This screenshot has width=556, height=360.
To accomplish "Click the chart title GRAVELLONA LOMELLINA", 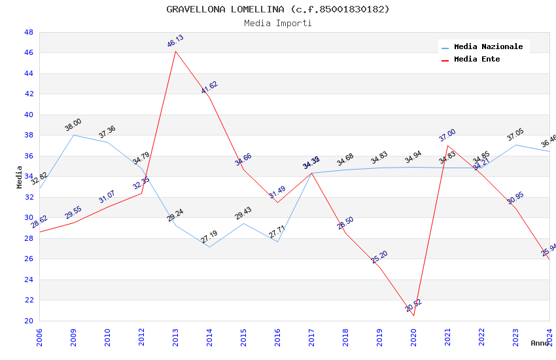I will [x=277, y=9].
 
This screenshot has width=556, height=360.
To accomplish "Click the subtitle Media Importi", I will [x=277, y=24].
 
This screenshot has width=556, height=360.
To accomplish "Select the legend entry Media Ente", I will [x=477, y=60].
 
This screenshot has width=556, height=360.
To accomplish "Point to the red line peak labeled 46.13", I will [x=175, y=51].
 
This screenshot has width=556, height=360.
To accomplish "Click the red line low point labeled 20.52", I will [x=413, y=315].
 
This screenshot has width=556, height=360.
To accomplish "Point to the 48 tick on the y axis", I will [x=28, y=32].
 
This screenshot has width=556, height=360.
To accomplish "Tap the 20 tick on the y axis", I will [x=28, y=321].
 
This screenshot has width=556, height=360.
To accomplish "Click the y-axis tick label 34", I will [x=28, y=176].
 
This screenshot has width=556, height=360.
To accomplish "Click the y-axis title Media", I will [x=20, y=177].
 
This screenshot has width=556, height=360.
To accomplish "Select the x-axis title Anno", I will [x=540, y=343].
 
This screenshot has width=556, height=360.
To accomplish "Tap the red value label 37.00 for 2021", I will [x=447, y=135].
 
